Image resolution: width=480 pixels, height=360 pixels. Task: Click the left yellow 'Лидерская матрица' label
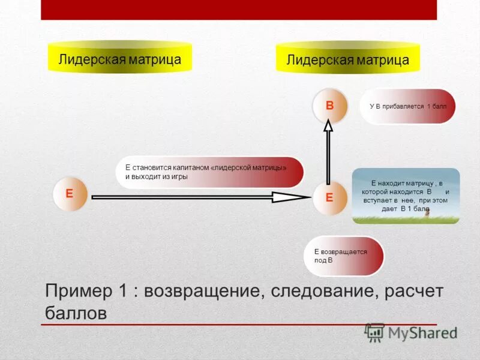(119, 58)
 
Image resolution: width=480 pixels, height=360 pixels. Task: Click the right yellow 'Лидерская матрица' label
(347, 59)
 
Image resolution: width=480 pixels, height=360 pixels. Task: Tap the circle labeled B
(329, 106)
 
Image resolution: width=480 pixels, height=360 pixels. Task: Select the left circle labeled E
(70, 194)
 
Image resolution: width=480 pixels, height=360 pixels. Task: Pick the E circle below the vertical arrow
(329, 197)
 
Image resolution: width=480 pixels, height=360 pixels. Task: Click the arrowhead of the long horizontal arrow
(291, 197)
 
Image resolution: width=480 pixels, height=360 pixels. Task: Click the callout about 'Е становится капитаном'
(209, 172)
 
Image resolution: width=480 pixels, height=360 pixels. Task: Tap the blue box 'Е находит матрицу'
(406, 196)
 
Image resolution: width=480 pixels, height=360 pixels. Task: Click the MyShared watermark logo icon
(375, 332)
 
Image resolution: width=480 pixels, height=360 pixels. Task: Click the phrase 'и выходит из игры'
(157, 177)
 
